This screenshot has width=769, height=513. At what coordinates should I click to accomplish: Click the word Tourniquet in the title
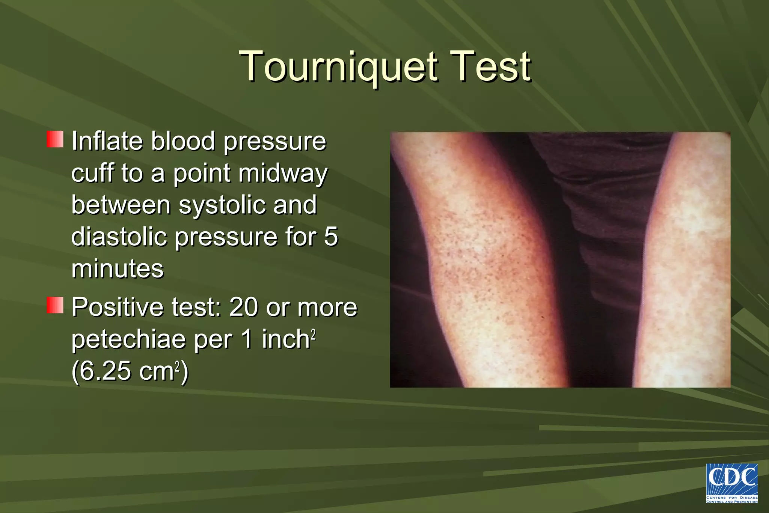point(338,67)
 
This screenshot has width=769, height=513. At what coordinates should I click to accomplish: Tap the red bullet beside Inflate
point(55,139)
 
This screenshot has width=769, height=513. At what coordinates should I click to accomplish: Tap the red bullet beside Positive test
point(55,305)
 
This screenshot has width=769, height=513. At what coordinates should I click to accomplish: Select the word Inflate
point(107,141)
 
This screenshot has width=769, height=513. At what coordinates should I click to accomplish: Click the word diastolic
point(119,237)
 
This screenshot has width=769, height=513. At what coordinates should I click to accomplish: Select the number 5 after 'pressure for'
point(330,237)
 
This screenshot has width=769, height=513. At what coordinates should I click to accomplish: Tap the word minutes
point(118,269)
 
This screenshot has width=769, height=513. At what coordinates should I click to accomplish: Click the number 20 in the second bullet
point(244,307)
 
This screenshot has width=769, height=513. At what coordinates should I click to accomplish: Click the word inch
point(285,339)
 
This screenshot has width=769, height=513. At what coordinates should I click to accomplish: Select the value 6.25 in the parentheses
point(104,371)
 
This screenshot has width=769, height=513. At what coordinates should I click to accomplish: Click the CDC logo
point(731,483)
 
